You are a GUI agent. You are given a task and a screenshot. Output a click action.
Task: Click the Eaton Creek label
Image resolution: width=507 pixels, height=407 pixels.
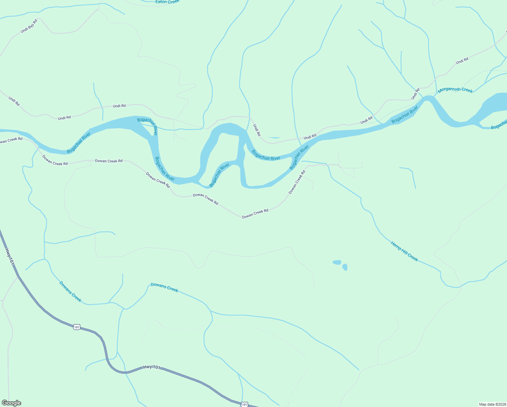coord(167,2)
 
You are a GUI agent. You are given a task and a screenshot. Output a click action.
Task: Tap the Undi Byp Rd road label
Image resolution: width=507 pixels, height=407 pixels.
coord(29,26)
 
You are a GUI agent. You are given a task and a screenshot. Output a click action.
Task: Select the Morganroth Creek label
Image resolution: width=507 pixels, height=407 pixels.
coord(455,90)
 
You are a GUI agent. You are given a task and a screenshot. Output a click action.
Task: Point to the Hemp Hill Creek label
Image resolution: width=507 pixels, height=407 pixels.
coord(404,251)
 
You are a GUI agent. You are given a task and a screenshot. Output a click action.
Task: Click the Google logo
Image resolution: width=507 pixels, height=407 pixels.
coord(11,403)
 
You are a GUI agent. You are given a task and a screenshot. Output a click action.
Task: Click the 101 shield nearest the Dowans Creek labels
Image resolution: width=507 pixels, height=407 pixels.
coord(77,327)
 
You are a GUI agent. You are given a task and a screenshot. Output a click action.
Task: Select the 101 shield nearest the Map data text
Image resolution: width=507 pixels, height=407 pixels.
coord(244,404)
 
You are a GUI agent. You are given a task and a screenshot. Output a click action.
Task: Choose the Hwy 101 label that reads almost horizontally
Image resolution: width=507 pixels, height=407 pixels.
coord(151,367)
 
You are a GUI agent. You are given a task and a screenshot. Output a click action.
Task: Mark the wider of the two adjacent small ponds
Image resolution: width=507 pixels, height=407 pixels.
coord(337,262)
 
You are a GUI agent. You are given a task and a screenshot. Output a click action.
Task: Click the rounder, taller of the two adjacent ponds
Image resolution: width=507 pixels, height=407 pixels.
coord(345,267)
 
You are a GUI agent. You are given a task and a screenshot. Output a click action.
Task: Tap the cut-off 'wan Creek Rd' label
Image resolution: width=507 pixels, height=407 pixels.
coord(11,139)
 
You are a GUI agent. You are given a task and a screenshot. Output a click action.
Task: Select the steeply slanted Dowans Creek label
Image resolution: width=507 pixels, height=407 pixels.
coord(70,291)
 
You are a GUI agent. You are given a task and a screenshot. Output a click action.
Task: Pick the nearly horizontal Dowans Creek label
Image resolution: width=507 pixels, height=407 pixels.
coord(164,287)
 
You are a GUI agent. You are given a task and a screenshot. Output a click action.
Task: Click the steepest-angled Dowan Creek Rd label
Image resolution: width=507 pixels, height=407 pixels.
coord(297,182)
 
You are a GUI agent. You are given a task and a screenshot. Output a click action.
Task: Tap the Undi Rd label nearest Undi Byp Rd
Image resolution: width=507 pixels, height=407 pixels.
coord(14,101)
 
